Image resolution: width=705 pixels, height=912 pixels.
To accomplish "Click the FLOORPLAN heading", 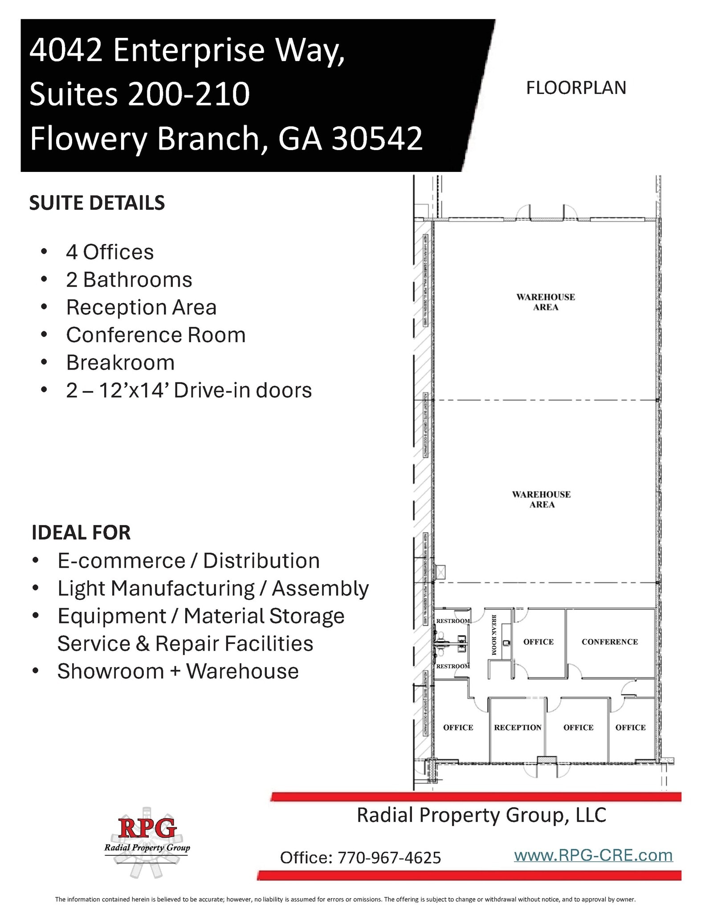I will click(x=576, y=88).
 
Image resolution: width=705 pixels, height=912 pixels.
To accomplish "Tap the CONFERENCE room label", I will click(x=609, y=642).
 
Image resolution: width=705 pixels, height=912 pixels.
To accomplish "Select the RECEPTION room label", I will click(x=518, y=727).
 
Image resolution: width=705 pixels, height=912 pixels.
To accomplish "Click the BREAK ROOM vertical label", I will click(x=493, y=635).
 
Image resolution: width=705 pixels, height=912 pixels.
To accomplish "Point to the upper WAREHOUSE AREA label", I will click(x=546, y=302).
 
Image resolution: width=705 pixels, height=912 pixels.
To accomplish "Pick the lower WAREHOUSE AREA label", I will click(x=542, y=499).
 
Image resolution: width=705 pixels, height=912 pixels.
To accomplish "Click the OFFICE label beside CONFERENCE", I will click(x=538, y=642).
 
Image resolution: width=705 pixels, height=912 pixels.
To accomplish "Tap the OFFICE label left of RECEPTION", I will click(x=458, y=727).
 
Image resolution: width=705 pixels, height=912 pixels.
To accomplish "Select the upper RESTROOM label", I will click(x=452, y=621).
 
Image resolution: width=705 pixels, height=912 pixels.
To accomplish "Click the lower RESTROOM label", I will click(x=452, y=666).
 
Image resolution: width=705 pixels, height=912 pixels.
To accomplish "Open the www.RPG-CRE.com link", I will click(x=593, y=855).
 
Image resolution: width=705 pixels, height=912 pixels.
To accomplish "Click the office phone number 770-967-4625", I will click(x=389, y=858).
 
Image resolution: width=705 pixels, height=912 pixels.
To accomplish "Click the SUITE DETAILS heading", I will click(x=97, y=203).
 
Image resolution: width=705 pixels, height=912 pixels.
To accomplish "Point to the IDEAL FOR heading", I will click(x=81, y=533).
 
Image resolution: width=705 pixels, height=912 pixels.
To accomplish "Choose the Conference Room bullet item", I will click(x=156, y=335).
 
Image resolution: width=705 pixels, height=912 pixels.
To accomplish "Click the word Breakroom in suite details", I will click(x=120, y=362).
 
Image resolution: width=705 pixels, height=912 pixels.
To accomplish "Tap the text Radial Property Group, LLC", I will click(x=481, y=815).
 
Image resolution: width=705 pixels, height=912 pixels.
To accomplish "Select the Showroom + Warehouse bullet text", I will click(x=178, y=671).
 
